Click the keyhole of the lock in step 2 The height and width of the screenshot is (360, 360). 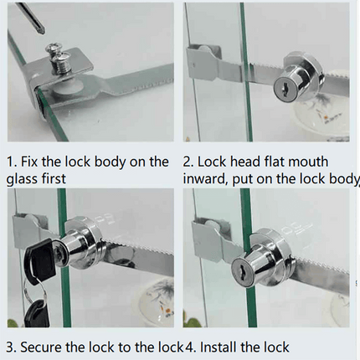point(284,87)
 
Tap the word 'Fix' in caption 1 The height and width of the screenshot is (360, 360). point(29,162)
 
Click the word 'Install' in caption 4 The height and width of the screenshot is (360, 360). point(219,347)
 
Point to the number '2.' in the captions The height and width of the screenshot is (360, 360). point(188,162)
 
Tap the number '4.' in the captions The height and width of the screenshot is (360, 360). point(191,347)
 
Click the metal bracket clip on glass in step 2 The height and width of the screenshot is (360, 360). point(205,62)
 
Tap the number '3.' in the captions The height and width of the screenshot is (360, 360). point(11,347)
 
